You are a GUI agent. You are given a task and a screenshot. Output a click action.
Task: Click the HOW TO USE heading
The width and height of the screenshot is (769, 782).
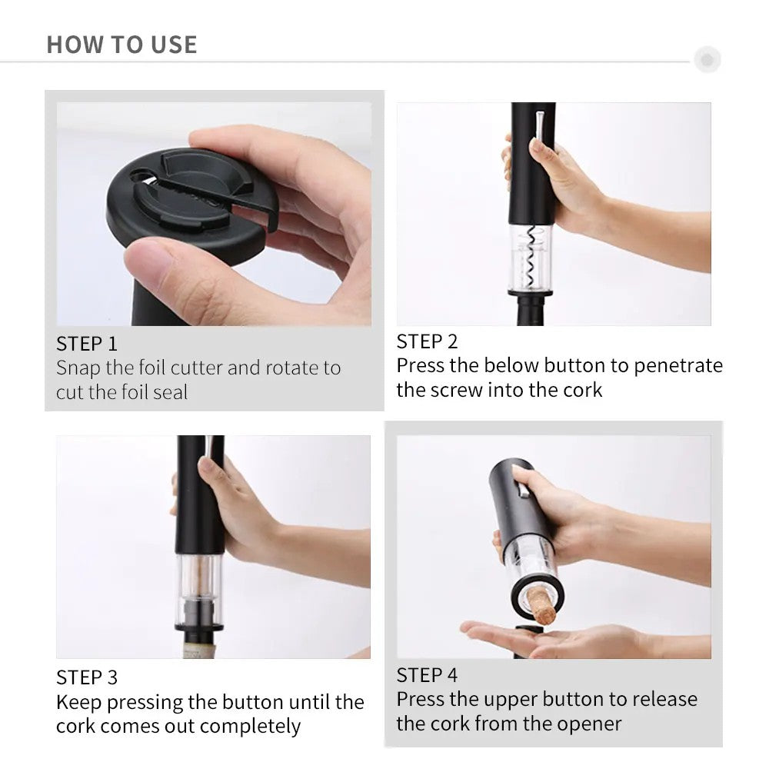(x=122, y=45)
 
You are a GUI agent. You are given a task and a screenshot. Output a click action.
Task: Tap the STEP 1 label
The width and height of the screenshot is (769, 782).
(x=87, y=344)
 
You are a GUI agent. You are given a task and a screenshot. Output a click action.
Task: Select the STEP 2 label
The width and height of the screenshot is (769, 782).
(x=427, y=341)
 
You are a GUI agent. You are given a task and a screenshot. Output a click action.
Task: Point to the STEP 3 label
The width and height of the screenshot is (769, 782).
(x=87, y=677)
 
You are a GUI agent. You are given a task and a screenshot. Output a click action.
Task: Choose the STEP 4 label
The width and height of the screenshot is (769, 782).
(x=427, y=675)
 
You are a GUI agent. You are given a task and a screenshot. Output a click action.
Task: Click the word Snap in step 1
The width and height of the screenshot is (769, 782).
(x=78, y=368)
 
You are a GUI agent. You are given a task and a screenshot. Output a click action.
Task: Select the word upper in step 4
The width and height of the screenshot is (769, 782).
(x=508, y=700)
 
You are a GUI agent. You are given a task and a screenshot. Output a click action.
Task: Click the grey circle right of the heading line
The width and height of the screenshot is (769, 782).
(x=707, y=59)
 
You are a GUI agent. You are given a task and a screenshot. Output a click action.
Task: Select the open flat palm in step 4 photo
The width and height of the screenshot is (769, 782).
(x=538, y=638)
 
